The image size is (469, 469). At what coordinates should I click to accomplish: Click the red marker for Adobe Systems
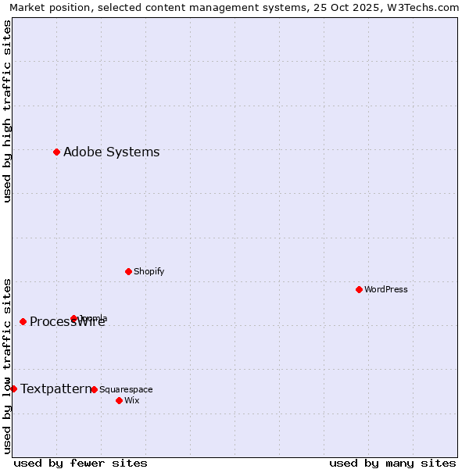coord(56,152)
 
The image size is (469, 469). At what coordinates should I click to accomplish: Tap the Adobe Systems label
coord(111,152)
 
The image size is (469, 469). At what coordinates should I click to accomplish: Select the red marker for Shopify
coord(128,271)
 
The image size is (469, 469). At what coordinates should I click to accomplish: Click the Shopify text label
coord(149,272)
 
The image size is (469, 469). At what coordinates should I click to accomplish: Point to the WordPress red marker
coord(359,289)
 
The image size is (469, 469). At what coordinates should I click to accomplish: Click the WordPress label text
coord(385,290)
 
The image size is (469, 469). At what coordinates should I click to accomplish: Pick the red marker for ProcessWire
coord(23,321)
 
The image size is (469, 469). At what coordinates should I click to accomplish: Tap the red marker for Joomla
coord(73,318)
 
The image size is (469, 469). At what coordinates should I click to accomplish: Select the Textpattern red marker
coord(13,388)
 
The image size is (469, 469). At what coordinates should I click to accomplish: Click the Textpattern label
coord(55,388)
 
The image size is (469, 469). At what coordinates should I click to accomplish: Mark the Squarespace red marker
coord(94,389)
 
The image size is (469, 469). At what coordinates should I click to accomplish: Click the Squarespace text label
coord(126,390)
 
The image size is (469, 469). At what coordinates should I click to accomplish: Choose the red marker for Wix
coord(119,400)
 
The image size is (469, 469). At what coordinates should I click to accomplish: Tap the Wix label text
coord(131,401)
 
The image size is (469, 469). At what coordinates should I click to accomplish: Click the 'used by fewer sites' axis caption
coord(81,463)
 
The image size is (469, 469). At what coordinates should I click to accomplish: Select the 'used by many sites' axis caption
coord(392,463)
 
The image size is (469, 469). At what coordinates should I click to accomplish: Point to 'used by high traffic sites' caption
coord(7,111)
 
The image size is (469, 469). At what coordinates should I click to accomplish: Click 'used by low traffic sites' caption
coord(7,366)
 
